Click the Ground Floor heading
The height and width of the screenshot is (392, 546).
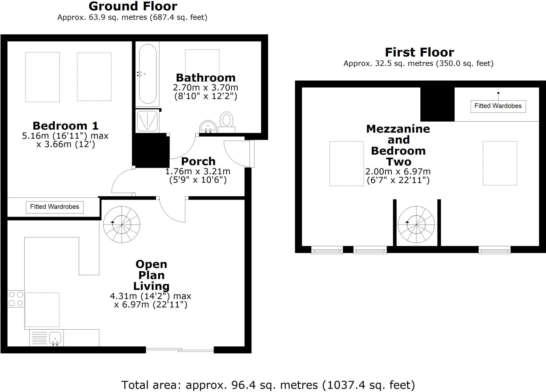point(133,6)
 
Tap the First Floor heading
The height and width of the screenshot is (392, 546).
point(419,52)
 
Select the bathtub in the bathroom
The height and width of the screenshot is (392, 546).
point(147,74)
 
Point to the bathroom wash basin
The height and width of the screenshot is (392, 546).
point(208,127)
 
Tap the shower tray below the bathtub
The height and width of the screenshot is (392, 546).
point(147,122)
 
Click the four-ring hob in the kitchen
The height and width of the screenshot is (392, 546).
point(16,299)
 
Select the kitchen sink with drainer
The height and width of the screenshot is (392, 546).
point(47,338)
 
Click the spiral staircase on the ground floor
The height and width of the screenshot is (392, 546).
point(122,224)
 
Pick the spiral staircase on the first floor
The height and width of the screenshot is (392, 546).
point(416,224)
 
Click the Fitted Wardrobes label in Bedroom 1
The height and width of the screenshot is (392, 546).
point(55,207)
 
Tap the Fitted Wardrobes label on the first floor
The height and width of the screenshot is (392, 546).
point(498,106)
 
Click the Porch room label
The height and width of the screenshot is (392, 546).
point(198,162)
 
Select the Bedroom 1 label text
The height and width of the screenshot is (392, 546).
point(66,126)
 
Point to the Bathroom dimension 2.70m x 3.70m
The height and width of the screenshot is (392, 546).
point(206,87)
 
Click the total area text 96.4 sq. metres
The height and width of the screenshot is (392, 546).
point(268,385)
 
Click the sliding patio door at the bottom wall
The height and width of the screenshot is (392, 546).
point(180,350)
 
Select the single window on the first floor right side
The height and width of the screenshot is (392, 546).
point(494,250)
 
